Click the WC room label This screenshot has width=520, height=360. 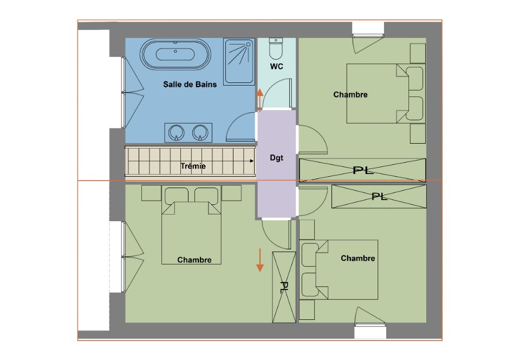[277, 66]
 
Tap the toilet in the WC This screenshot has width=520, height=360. [276, 48]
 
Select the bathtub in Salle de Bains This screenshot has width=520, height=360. [175, 54]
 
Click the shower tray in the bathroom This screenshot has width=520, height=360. [239, 61]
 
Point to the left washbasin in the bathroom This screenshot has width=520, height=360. [176, 133]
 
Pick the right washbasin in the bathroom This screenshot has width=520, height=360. [200, 133]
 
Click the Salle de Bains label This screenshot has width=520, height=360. [190, 84]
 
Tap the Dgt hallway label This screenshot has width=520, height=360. [277, 158]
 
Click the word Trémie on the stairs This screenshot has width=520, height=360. [193, 166]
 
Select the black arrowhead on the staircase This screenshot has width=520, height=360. [252, 161]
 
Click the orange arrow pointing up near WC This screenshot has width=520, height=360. [259, 100]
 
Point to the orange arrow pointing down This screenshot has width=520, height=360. [260, 260]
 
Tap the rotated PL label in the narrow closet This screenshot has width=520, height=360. [283, 287]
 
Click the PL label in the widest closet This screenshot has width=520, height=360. [363, 171]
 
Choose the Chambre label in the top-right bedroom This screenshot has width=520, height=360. [350, 94]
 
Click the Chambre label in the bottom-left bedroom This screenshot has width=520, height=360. [194, 260]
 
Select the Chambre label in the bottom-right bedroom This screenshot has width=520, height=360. [358, 258]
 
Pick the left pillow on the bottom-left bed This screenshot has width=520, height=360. [177, 195]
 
